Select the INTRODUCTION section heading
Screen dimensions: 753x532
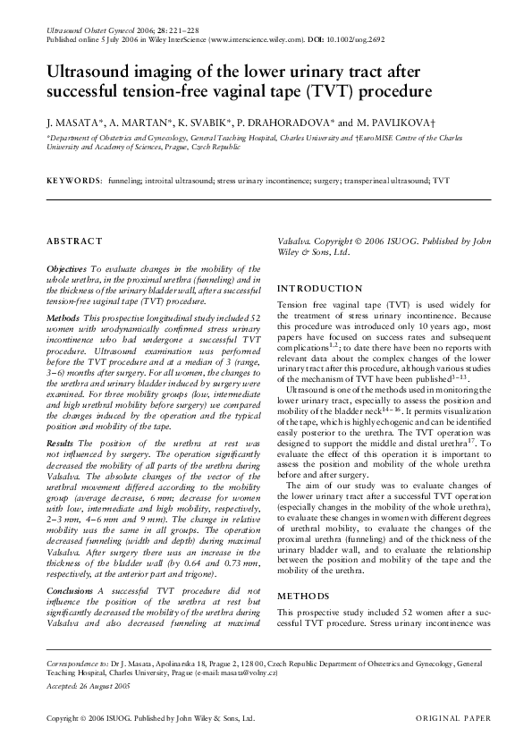320,290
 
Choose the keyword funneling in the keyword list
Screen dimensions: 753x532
125,180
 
